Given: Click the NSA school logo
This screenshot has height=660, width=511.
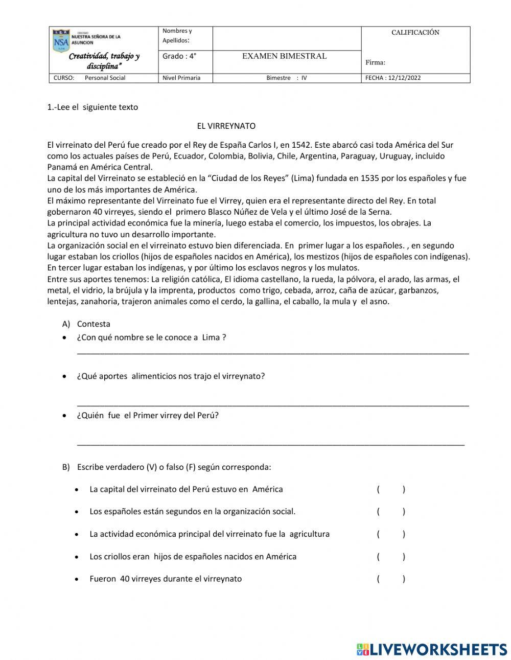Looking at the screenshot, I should click(61, 41).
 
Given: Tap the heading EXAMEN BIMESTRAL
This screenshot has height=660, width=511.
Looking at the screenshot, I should click(284, 56).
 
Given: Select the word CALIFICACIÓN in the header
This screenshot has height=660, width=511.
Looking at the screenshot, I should click(415, 33).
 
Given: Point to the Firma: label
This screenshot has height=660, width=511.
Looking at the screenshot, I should click(375, 63).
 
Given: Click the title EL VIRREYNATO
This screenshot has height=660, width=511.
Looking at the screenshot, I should click(226, 126).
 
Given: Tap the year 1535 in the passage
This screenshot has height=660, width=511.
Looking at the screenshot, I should click(370, 178).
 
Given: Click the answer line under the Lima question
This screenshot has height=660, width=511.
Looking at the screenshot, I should click(272, 352).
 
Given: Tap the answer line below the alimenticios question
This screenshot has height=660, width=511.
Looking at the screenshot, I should click(272, 404).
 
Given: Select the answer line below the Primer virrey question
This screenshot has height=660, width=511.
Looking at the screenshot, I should click(270, 444).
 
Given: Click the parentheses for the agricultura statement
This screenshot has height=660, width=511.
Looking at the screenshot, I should click(391, 534).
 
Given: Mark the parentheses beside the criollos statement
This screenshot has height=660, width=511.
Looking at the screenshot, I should click(391, 557).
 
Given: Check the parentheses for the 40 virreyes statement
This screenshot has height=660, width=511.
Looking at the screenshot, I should click(391, 579).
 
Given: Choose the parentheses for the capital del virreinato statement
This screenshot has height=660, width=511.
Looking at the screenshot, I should click(391, 489).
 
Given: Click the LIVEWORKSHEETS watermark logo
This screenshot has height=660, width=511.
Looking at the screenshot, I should click(431, 649).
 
